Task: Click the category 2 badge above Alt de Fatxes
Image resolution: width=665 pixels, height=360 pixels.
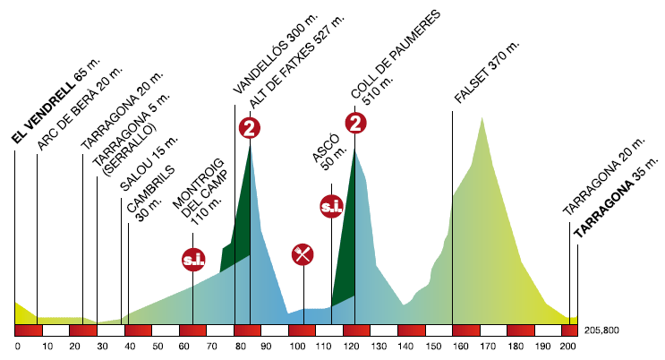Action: (250, 128)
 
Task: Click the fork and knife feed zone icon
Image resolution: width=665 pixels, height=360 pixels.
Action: (303, 253)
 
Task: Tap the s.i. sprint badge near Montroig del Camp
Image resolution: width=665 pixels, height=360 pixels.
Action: (192, 260)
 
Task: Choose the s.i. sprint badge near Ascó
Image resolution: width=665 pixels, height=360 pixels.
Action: (331, 206)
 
